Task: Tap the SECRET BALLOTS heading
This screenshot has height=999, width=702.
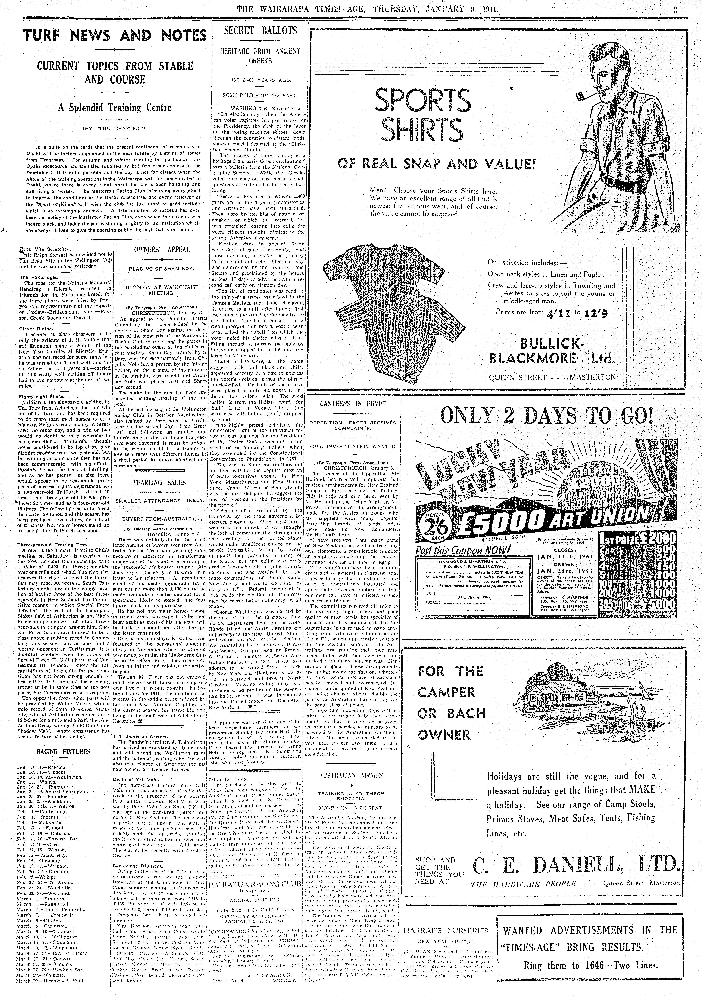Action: coord(260,30)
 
